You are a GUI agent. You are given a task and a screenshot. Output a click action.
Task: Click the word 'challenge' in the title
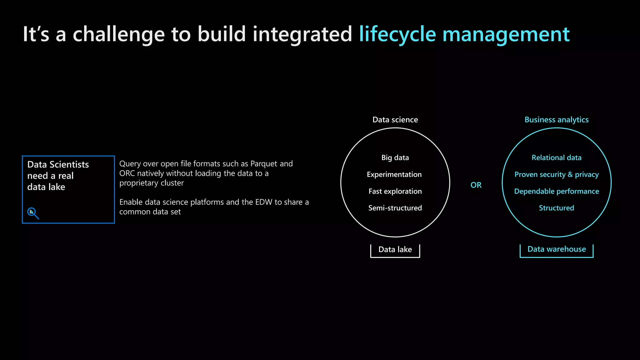click(118, 34)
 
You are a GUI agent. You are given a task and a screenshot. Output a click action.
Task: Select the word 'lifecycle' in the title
click(397, 34)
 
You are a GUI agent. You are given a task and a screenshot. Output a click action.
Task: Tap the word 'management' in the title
click(506, 34)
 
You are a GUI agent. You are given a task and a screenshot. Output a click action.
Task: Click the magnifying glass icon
click(33, 213)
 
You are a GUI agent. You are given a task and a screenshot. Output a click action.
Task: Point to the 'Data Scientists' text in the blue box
click(58, 164)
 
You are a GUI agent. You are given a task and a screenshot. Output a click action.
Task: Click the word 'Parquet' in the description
click(264, 164)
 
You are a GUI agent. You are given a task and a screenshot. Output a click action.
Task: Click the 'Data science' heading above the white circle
click(395, 120)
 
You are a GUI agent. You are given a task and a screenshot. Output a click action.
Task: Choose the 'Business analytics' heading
click(556, 120)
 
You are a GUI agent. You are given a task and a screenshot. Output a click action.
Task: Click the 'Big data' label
click(395, 157)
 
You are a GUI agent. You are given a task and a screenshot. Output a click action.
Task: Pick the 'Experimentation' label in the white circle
click(394, 174)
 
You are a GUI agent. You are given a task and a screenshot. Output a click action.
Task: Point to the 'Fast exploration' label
click(395, 191)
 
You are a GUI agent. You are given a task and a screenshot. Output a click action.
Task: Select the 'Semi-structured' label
click(395, 208)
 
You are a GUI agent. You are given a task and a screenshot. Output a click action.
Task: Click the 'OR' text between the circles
click(476, 185)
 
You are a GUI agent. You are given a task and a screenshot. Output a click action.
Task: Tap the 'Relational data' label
click(556, 157)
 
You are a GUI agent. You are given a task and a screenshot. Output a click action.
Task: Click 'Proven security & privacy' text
click(556, 174)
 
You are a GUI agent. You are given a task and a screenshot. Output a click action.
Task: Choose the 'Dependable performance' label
click(556, 191)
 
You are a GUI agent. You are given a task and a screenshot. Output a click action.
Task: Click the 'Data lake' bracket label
click(395, 249)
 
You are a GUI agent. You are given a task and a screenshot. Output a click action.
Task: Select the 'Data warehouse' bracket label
click(556, 249)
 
